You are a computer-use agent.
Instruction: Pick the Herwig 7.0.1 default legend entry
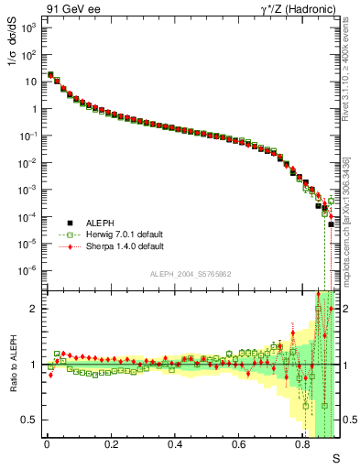(x=120, y=234)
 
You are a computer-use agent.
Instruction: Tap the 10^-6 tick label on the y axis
(x=27, y=271)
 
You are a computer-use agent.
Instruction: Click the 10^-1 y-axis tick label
(x=27, y=136)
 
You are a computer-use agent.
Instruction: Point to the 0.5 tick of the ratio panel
(x=30, y=420)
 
